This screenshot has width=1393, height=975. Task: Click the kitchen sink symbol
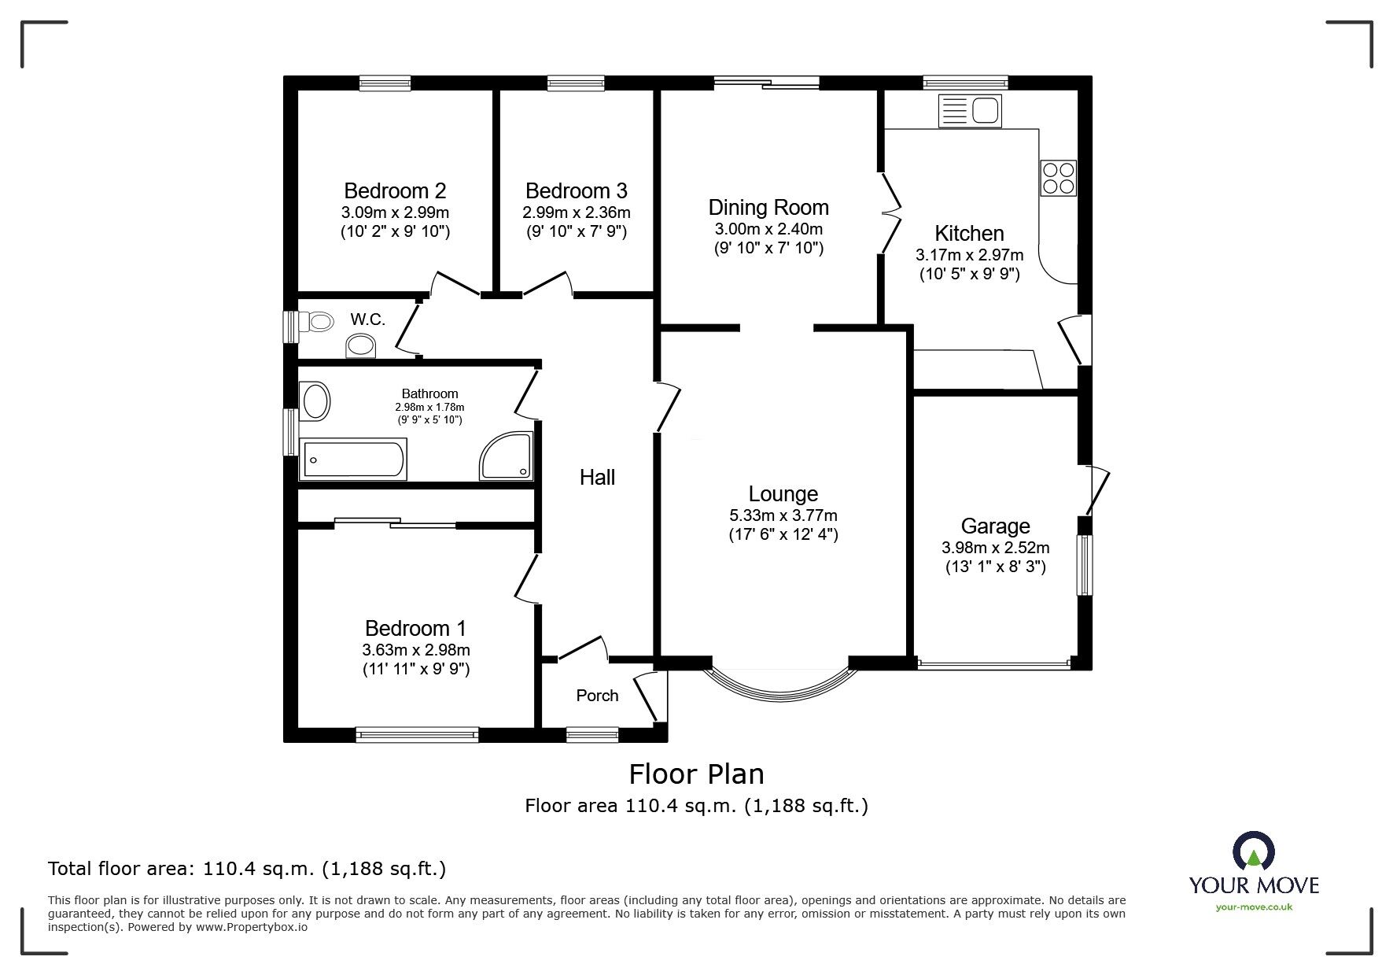tap(970, 111)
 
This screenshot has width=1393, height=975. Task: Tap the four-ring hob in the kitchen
tap(1058, 178)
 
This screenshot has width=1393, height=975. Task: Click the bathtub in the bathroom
tap(354, 460)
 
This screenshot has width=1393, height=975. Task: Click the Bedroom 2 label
tap(395, 190)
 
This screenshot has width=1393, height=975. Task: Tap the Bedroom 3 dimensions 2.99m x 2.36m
tap(576, 212)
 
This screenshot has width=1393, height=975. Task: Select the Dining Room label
tap(768, 208)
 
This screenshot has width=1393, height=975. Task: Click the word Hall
tap(597, 477)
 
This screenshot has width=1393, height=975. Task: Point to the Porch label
tap(597, 696)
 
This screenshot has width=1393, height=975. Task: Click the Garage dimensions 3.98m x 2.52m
tap(995, 548)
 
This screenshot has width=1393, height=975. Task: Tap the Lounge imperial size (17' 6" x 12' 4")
tap(783, 535)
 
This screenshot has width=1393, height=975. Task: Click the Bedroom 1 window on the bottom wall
tap(417, 734)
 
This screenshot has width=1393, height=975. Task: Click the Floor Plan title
tap(696, 774)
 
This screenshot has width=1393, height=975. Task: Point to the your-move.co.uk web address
tap(1254, 907)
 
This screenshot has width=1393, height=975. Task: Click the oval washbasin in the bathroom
tap(315, 401)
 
